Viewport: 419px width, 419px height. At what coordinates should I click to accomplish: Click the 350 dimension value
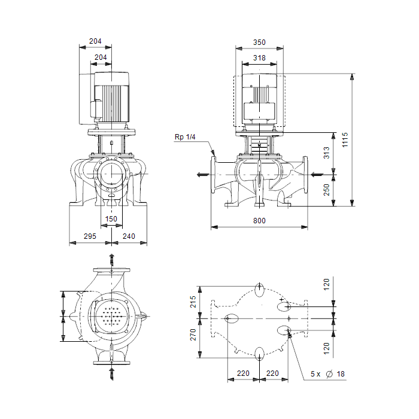[259, 42]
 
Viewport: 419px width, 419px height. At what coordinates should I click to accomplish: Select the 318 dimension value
[259, 57]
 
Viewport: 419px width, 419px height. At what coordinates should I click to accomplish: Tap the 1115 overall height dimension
[345, 139]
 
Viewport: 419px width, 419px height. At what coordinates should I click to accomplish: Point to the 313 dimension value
[327, 153]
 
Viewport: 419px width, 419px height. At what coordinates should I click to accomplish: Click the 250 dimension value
[327, 190]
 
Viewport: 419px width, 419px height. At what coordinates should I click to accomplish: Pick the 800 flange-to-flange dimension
[259, 221]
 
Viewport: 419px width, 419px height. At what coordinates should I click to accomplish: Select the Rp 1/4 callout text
[185, 137]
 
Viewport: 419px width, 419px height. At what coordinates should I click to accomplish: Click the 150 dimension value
[111, 219]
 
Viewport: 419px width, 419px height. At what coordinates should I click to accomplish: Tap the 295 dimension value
[90, 236]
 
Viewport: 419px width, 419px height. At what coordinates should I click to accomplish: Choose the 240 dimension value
[129, 236]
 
